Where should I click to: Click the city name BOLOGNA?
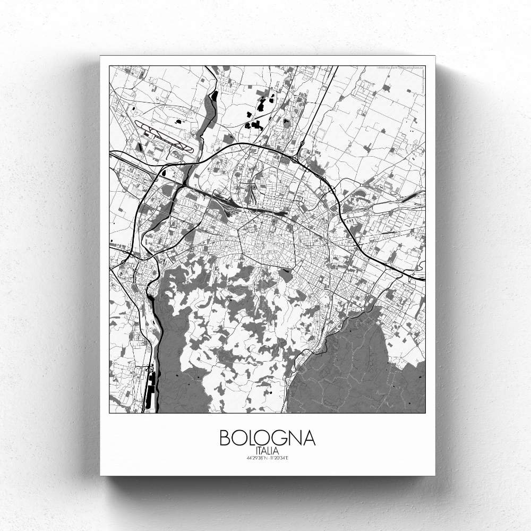(x=267, y=438)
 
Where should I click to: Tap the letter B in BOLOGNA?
(x=225, y=438)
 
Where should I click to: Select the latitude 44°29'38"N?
(x=254, y=458)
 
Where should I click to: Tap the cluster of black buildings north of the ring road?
(x=255, y=125)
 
